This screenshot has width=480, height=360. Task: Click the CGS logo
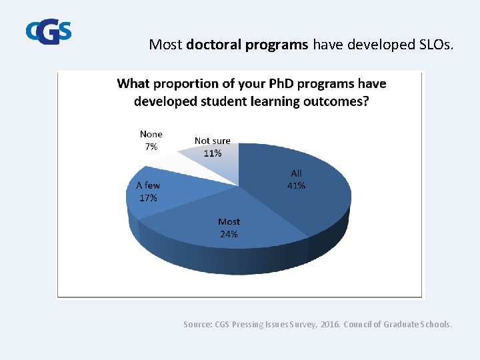click(x=48, y=31)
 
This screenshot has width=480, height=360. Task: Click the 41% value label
click(x=296, y=186)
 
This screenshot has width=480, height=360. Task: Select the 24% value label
click(x=229, y=234)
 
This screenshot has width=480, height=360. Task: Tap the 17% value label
click(x=148, y=198)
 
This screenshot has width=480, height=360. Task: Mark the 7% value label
click(x=151, y=147)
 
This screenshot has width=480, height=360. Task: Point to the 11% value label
click(x=213, y=153)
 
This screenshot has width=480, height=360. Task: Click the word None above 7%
click(x=151, y=135)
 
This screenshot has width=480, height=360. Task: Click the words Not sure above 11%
click(x=212, y=141)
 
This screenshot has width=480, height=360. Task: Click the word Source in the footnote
click(x=197, y=325)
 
